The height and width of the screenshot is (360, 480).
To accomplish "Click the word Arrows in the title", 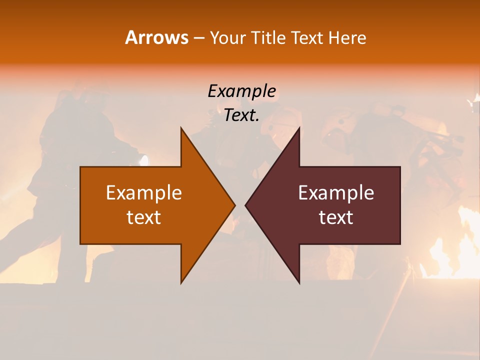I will (x=156, y=37).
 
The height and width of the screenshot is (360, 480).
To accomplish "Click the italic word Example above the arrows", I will (x=241, y=91).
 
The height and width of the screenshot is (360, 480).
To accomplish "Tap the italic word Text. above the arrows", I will (x=241, y=115).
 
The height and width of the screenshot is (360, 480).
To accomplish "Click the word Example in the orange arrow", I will (x=144, y=193).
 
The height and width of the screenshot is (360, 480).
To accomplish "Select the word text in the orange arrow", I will (x=144, y=217).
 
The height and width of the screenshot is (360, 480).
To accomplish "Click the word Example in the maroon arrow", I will (x=336, y=193).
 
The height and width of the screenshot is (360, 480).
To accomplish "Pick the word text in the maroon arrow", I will (x=336, y=217).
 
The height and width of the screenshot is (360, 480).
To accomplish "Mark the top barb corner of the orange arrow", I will (x=181, y=129).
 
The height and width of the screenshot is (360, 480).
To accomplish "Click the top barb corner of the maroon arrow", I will (x=299, y=129).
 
